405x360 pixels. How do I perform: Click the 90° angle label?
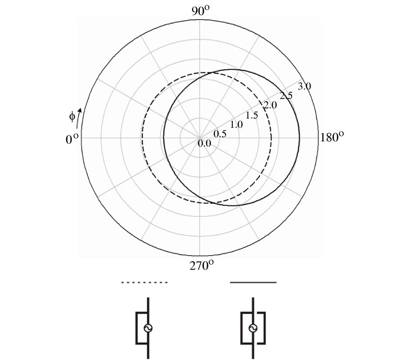200,11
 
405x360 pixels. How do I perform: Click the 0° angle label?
72,139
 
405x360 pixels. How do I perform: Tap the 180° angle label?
332,137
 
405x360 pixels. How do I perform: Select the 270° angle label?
202,265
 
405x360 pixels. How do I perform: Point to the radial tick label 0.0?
204,144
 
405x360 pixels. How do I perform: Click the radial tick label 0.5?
220,134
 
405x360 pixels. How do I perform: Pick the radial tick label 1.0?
236,125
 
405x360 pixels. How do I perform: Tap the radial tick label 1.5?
252,116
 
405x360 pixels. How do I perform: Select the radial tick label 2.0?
270,105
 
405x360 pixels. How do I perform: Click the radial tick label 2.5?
286,95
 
